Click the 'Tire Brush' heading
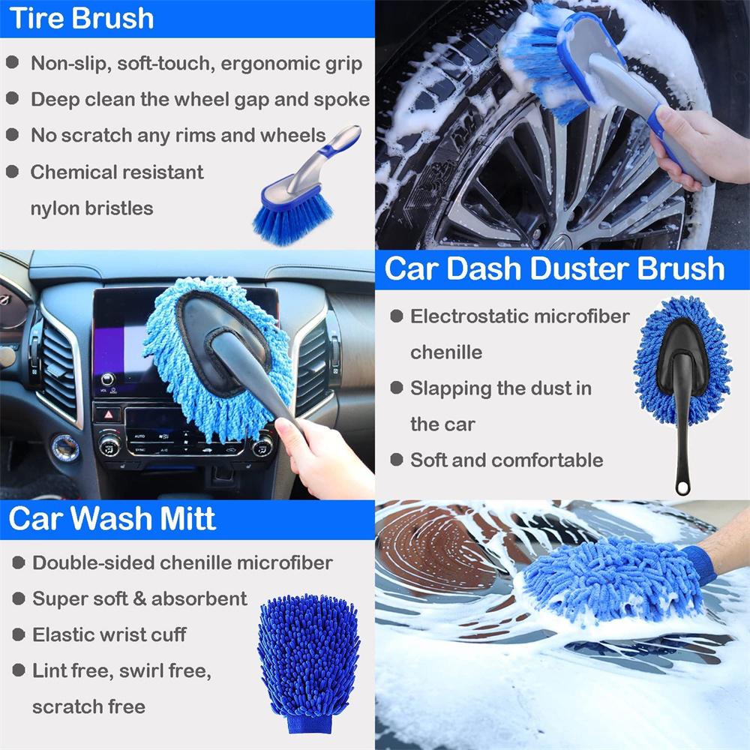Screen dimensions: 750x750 click(81, 18)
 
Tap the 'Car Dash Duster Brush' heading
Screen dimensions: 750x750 click(554, 269)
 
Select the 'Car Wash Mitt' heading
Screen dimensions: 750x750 click(112, 519)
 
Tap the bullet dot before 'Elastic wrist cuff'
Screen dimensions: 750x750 click(16, 634)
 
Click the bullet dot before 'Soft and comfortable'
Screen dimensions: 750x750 click(396, 460)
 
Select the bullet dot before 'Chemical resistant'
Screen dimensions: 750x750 click(13, 172)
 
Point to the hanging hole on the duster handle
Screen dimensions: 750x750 click(682, 488)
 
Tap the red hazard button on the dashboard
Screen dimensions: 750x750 click(106, 413)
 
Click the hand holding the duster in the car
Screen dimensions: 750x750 click(322, 457)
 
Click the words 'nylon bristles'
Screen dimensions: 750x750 click(91, 208)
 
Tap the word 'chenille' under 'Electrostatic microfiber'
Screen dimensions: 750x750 click(446, 352)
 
